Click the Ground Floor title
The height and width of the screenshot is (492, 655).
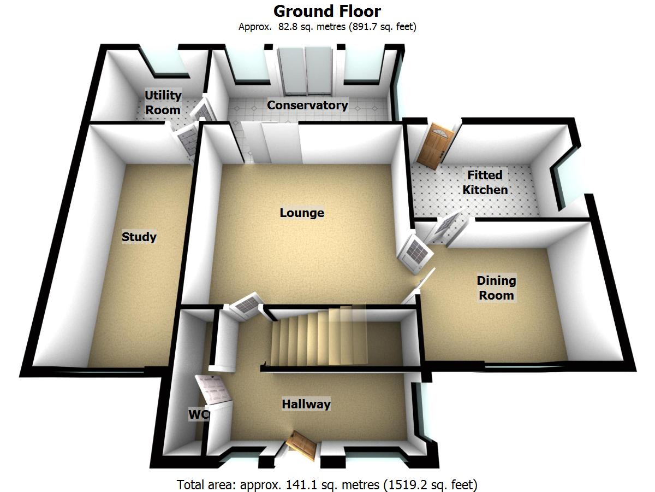pyautogui.click(x=327, y=11)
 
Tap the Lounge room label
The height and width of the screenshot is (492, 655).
pyautogui.click(x=302, y=213)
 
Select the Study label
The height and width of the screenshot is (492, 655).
pyautogui.click(x=139, y=237)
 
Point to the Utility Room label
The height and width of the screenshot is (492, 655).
pyautogui.click(x=163, y=102)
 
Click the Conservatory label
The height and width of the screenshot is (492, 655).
pyautogui.click(x=307, y=105)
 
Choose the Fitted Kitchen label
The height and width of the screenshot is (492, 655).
pyautogui.click(x=485, y=183)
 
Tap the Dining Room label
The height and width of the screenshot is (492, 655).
pyautogui.click(x=496, y=288)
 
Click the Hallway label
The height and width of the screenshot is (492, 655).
pyautogui.click(x=306, y=405)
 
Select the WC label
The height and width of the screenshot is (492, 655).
pyautogui.click(x=198, y=415)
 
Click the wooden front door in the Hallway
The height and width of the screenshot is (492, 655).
pyautogui.click(x=303, y=444)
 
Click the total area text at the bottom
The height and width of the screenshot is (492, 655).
pyautogui.click(x=327, y=484)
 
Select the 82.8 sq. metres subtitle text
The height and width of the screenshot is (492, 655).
pyautogui.click(x=327, y=27)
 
